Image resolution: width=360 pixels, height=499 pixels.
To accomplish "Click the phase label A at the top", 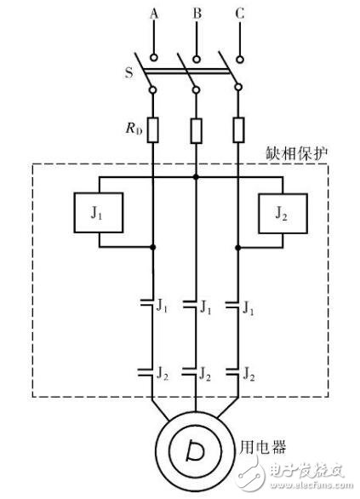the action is click(154, 14).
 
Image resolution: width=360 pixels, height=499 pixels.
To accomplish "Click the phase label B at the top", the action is click(197, 14).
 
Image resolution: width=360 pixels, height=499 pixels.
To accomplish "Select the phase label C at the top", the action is click(240, 14).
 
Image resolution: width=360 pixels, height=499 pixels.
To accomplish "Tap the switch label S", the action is click(129, 72).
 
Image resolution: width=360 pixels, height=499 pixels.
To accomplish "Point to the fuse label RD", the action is click(134, 128).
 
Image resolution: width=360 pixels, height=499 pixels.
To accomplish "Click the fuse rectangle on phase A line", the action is click(153, 129).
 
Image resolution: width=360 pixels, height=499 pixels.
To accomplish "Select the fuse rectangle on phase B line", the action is click(197, 131).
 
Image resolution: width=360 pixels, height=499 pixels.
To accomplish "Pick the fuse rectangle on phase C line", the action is click(238, 129).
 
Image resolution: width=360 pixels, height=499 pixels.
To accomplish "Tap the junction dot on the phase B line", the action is click(196, 176).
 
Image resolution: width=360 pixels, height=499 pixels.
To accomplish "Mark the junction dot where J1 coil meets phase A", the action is click(153, 247).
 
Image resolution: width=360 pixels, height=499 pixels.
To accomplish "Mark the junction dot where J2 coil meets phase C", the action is click(238, 247).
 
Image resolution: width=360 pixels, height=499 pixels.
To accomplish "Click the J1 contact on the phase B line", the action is click(190, 304).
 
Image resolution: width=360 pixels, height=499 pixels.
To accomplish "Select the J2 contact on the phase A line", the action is click(146, 372).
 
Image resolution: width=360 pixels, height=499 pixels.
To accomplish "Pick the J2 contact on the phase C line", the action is click(232, 372).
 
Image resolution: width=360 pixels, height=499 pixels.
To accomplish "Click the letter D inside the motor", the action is click(195, 450).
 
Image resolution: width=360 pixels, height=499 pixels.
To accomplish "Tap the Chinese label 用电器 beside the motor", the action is click(262, 447).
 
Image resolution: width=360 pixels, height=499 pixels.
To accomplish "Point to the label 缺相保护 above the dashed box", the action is click(296, 153).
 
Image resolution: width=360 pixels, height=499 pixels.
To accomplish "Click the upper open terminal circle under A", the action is click(154, 58).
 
